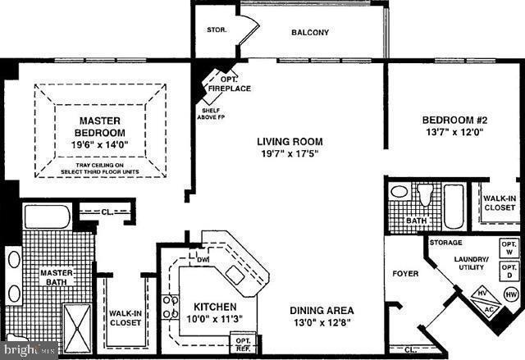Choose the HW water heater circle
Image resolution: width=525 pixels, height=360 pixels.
pyautogui.click(x=509, y=294)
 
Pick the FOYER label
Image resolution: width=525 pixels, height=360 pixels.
pyautogui.click(x=405, y=273)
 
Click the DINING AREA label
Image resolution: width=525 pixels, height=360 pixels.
pyautogui.click(x=322, y=311)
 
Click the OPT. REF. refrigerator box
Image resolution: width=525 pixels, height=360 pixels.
pyautogui.click(x=244, y=343)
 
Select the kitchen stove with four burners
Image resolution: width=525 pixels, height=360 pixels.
pyautogui.click(x=171, y=308)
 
